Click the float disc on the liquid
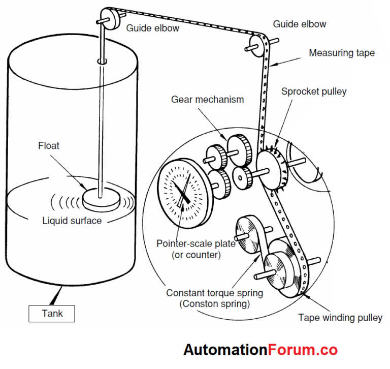102,198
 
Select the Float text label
49,146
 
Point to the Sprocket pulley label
314,91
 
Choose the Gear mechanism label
207,99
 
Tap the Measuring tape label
342,53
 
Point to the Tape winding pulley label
340,318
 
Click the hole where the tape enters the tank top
103,61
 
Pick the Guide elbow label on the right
300,24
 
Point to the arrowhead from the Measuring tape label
271,65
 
